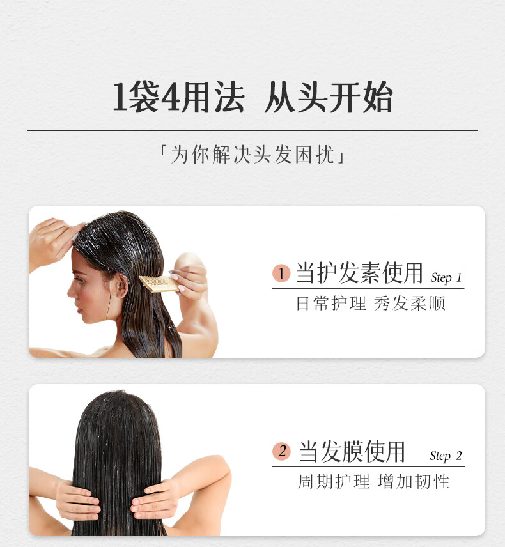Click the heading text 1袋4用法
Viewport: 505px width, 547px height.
click(178, 97)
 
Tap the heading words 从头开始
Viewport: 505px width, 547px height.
click(329, 97)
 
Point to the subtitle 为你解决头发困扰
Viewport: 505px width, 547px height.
click(252, 154)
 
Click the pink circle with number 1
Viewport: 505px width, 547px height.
click(281, 273)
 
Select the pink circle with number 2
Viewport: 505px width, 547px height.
click(281, 451)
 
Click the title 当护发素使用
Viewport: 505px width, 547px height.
click(359, 273)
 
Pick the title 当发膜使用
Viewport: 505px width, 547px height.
click(352, 451)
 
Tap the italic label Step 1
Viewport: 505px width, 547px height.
click(446, 278)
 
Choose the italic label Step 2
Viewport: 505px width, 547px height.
click(446, 456)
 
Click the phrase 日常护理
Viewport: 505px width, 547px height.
click(331, 303)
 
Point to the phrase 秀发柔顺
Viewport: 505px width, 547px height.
click(409, 303)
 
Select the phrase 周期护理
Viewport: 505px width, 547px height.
click(334, 482)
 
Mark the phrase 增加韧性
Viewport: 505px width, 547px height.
click(414, 482)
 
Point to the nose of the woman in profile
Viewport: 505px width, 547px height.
click(71, 290)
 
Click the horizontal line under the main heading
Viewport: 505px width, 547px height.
click(252, 130)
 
